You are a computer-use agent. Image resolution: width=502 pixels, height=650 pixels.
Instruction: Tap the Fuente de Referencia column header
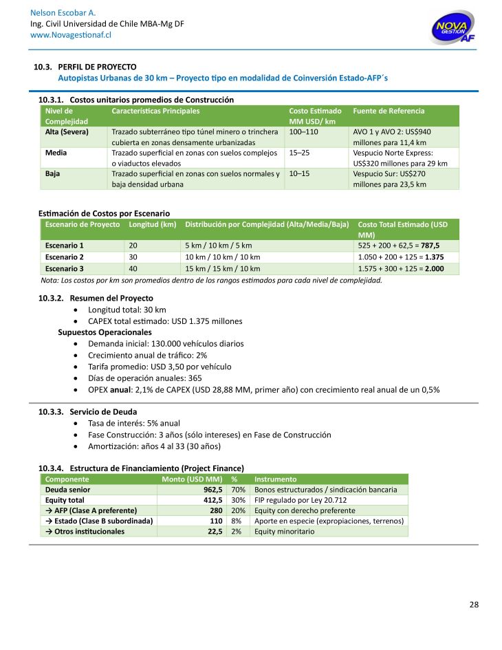pos(389,111)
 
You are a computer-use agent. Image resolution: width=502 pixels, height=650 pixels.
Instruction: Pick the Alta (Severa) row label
pos(67,131)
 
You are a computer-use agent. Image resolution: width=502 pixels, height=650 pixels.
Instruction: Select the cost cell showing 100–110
pos(304,131)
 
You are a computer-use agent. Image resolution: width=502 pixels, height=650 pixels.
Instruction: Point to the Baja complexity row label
pos(52,174)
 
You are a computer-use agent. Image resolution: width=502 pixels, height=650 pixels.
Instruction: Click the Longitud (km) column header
pos(153,225)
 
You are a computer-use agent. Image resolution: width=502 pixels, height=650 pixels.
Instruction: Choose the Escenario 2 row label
pos(64,257)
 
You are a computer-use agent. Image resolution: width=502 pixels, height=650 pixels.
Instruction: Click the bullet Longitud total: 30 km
pos(127,310)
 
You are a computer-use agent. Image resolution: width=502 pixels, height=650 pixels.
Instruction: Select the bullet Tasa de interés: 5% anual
pos(134,423)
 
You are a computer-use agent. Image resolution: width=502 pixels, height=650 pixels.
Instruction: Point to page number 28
pos(474,605)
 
